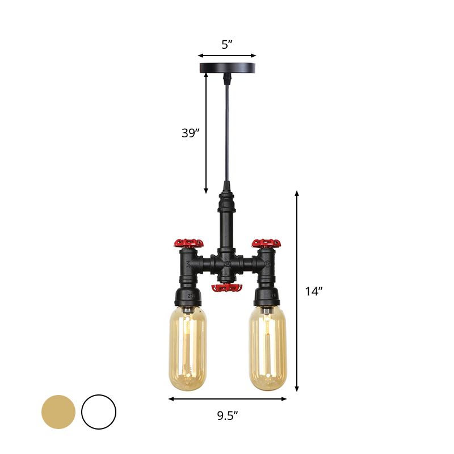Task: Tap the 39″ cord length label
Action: point(190,133)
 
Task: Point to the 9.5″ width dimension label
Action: point(227,416)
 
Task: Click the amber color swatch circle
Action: point(58,411)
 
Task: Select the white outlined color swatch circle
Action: point(99,411)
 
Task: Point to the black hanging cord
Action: point(227,131)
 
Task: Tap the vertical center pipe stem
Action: point(227,221)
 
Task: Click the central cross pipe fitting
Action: point(227,264)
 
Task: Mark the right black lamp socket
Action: point(266,295)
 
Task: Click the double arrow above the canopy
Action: point(227,56)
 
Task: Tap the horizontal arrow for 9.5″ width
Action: point(227,399)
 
